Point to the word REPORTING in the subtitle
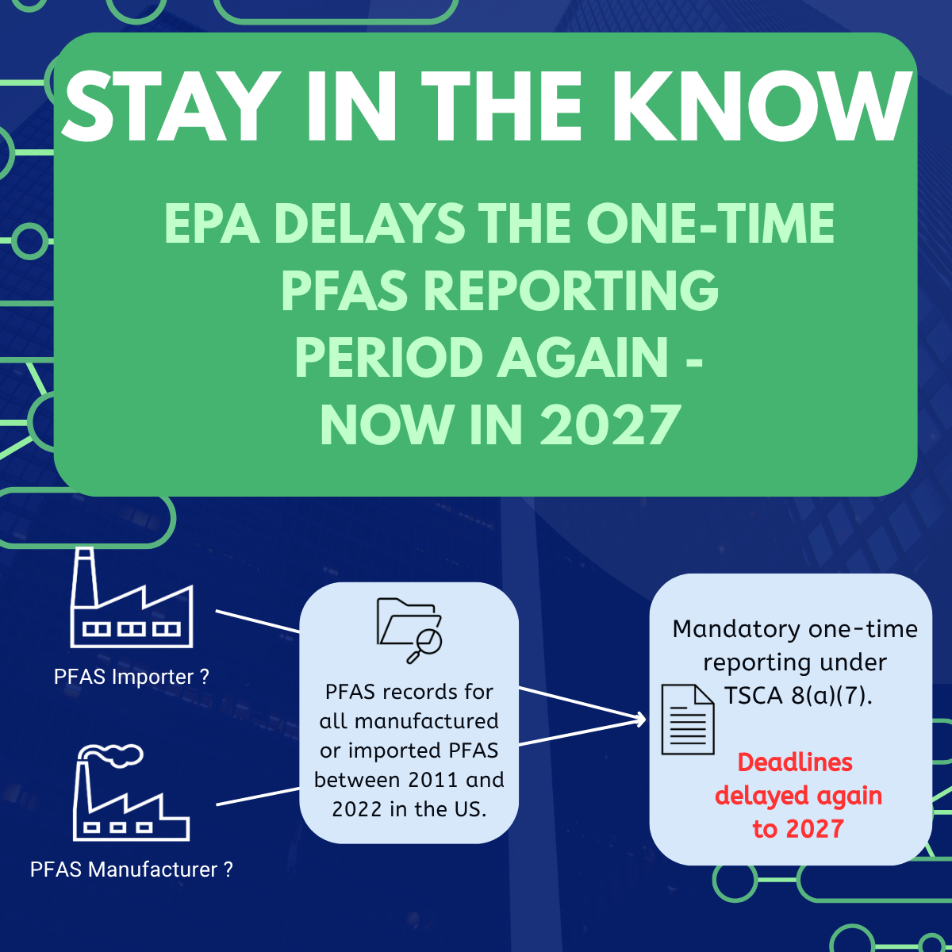click(571, 291)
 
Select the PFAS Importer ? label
click(132, 677)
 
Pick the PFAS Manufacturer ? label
click(132, 869)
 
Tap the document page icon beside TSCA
click(688, 719)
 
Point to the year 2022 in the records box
click(358, 809)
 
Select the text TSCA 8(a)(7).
click(798, 696)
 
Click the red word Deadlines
click(795, 762)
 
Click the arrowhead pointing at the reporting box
click(641, 720)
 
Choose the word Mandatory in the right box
click(722, 629)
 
